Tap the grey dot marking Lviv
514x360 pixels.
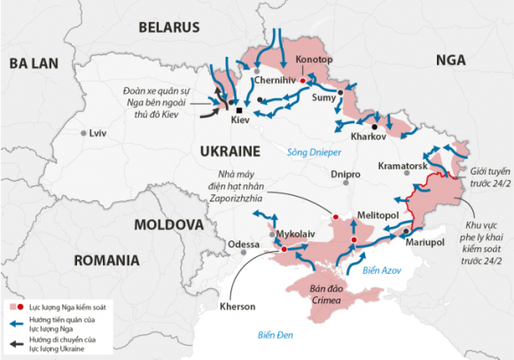[84, 133]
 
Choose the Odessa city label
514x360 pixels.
[244, 244]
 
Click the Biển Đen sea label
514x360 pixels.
[276, 334]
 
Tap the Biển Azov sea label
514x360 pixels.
[382, 270]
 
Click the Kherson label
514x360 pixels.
[237, 307]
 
